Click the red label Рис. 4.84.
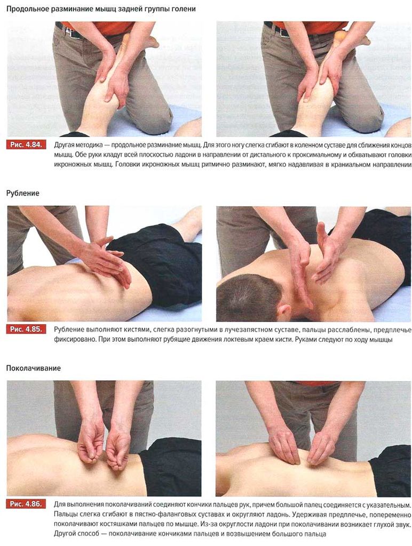pos(26,145)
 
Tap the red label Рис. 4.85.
pos(26,330)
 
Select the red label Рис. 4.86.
pos(26,504)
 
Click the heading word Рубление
pos(22,193)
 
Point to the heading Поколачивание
pos(34,368)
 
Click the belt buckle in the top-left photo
pos(70,33)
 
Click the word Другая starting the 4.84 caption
pos(65,145)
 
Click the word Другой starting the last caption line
pos(65,534)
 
